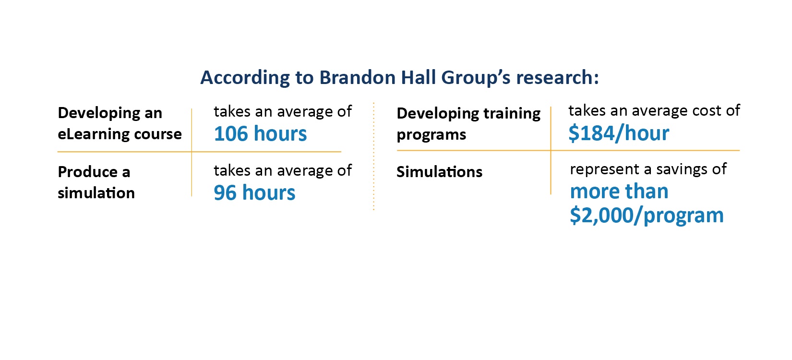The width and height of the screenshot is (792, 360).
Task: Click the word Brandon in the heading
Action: click(x=357, y=77)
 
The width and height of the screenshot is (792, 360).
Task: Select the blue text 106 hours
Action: click(x=260, y=133)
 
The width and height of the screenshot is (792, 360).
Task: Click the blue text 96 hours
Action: click(x=254, y=193)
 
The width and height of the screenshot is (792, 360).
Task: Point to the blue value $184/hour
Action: click(x=619, y=133)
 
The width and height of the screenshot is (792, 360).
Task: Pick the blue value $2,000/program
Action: click(x=647, y=216)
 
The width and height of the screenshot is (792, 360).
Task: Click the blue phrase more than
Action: click(x=619, y=192)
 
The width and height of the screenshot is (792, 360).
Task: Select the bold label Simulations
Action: click(x=440, y=172)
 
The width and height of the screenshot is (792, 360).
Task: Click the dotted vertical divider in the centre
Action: click(x=373, y=156)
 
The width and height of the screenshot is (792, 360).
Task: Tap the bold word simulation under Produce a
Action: click(x=96, y=193)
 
